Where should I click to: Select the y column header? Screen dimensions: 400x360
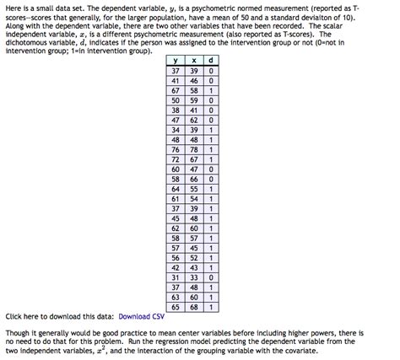pyautogui.click(x=175, y=62)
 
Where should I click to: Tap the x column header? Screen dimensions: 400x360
pyautogui.click(x=194, y=62)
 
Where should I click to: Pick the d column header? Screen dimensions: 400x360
pyautogui.click(x=209, y=62)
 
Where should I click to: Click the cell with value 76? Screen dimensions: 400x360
pyautogui.click(x=175, y=149)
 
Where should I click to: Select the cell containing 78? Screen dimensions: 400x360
pyautogui.click(x=194, y=149)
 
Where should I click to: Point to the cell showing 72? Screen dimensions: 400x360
pyautogui.click(x=175, y=159)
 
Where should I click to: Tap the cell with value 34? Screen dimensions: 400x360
pyautogui.click(x=175, y=130)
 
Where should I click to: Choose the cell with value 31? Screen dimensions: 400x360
pyautogui.click(x=175, y=277)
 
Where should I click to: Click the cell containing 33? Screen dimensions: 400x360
pyautogui.click(x=194, y=277)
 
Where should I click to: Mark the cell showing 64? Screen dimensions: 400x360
pyautogui.click(x=175, y=189)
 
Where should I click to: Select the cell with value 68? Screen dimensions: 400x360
pyautogui.click(x=194, y=306)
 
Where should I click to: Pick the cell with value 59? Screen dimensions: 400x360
pyautogui.click(x=194, y=100)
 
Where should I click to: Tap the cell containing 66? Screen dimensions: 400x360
pyautogui.click(x=194, y=179)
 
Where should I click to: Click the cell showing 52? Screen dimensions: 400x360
pyautogui.click(x=194, y=257)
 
